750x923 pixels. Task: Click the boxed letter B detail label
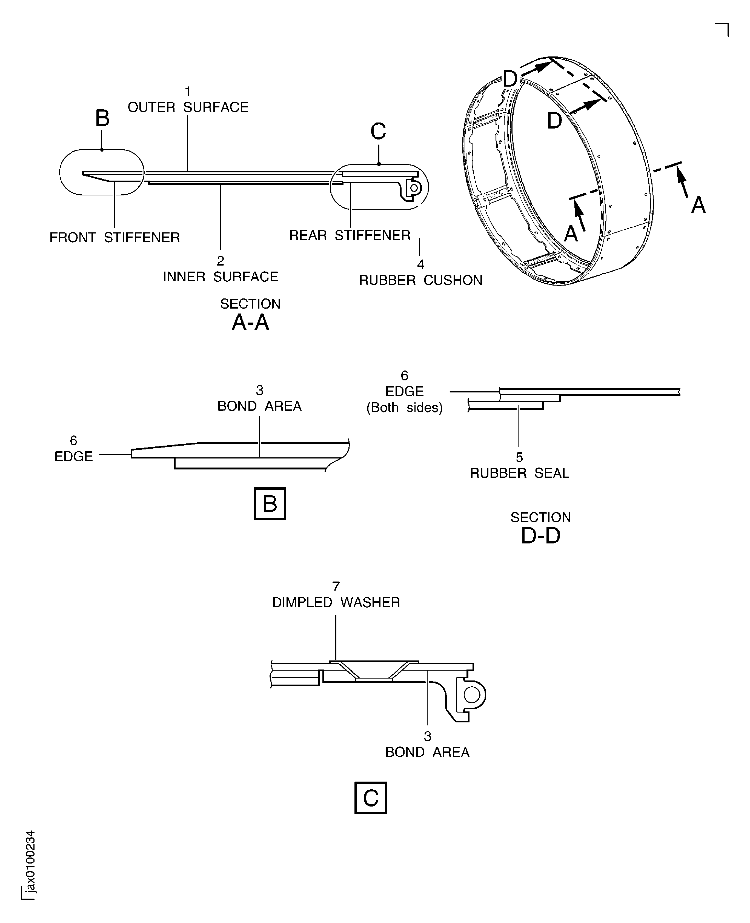[x=270, y=503]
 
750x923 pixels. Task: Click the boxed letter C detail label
[x=370, y=798]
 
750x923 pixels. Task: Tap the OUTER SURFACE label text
[x=188, y=107]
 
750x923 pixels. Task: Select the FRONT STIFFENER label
[x=114, y=237]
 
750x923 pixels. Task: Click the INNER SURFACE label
[x=220, y=277]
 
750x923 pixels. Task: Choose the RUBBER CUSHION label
[x=420, y=280]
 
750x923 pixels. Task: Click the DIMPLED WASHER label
[x=336, y=602]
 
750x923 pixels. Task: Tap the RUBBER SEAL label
[x=519, y=473]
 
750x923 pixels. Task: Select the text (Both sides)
[x=404, y=408]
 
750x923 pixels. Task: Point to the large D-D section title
[x=540, y=536]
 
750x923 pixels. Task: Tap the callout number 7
[x=336, y=586]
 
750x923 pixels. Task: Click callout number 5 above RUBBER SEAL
[x=519, y=457]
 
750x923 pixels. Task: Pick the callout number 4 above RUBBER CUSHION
[x=420, y=264]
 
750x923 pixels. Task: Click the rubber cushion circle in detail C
[x=472, y=695]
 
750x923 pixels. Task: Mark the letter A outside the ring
[x=698, y=205]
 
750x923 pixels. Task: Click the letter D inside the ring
[x=554, y=121]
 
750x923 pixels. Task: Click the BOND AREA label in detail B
[x=259, y=406]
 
